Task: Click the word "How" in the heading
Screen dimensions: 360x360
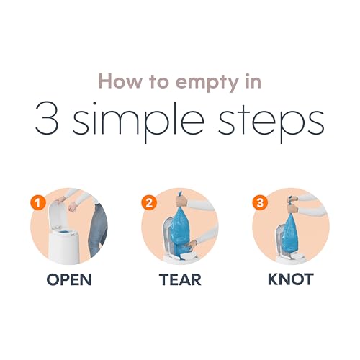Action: pyautogui.click(x=120, y=81)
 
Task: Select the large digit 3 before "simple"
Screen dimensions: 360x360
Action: pyautogui.click(x=47, y=118)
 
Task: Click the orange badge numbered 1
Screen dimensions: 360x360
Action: pyautogui.click(x=38, y=204)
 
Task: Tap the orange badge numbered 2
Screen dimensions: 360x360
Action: pyautogui.click(x=149, y=203)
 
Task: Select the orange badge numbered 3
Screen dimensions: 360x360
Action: pyautogui.click(x=260, y=203)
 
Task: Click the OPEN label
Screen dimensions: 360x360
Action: pyautogui.click(x=69, y=279)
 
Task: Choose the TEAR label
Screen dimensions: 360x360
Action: pyautogui.click(x=180, y=279)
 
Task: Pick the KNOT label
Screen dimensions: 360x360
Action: pyautogui.click(x=291, y=279)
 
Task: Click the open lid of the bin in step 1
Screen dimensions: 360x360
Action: pyautogui.click(x=58, y=215)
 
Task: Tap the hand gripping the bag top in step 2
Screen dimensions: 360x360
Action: pyautogui.click(x=181, y=201)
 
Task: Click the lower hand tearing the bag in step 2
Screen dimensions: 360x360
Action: pyautogui.click(x=192, y=244)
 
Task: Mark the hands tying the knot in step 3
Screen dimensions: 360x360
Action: pyautogui.click(x=293, y=204)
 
